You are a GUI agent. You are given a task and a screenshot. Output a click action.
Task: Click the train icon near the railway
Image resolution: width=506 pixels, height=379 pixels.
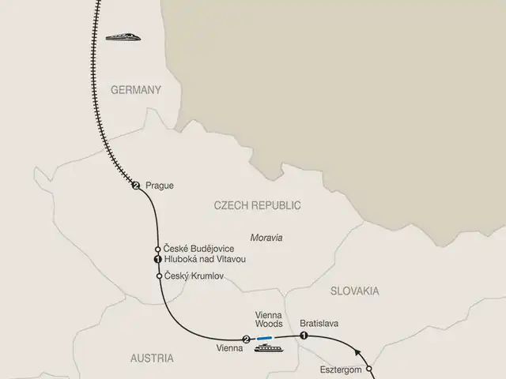123,36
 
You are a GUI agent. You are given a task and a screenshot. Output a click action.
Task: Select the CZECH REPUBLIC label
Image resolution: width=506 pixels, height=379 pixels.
258,205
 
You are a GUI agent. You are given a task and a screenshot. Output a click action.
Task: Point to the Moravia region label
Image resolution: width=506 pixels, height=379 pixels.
266,237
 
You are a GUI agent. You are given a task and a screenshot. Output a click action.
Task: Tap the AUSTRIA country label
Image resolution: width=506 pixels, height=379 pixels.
151,358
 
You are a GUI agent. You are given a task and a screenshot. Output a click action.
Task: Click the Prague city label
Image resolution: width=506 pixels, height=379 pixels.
159,186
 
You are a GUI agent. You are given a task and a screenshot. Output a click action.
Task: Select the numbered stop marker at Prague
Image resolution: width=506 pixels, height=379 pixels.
136,186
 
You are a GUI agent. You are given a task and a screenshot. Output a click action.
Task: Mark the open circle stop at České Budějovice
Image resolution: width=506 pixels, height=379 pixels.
158,249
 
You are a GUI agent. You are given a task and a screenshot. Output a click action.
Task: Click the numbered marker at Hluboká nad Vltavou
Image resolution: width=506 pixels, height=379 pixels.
157,260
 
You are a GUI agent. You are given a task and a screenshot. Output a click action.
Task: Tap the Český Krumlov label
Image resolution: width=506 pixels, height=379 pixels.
194,276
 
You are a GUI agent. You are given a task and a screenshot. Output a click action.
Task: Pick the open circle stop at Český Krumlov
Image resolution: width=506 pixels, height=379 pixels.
160,276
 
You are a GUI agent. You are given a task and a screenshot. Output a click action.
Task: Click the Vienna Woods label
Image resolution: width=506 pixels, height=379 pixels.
268,318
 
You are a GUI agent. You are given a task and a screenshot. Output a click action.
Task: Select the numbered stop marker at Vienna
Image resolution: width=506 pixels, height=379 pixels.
246,340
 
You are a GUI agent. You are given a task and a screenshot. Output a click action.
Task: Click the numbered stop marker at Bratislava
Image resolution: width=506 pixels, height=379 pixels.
304,336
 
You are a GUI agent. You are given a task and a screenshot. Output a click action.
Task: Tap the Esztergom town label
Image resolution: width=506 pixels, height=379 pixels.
341,369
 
